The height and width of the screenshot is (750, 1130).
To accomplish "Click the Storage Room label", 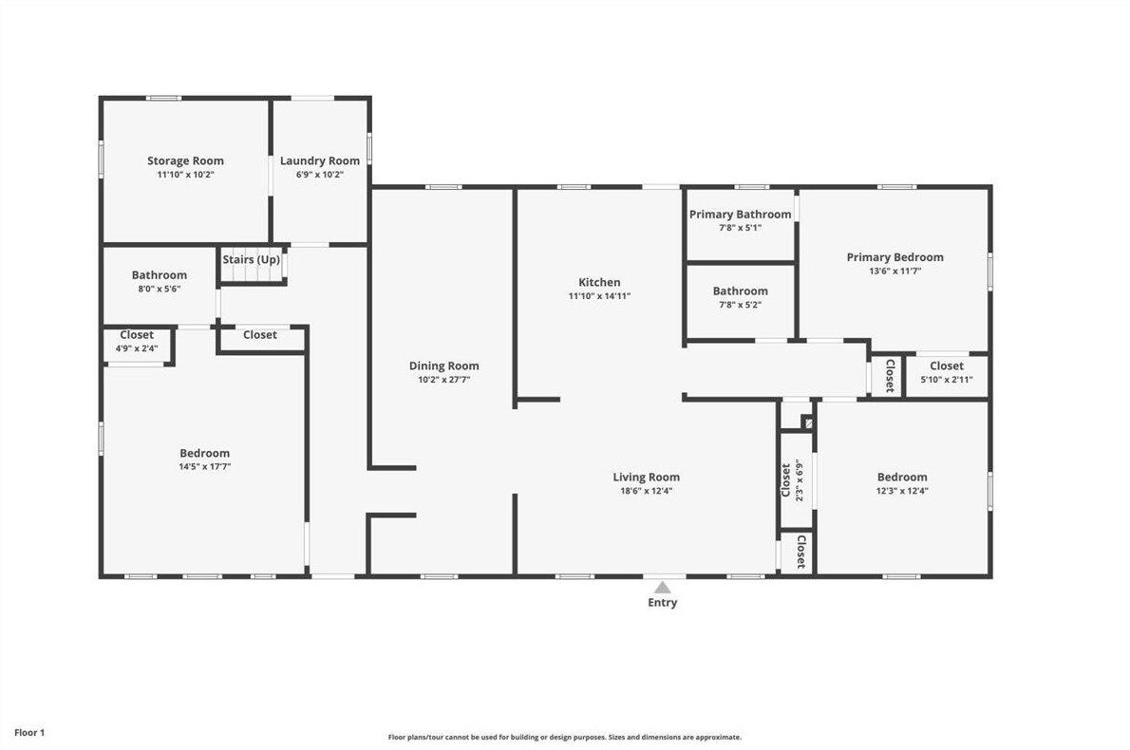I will [185, 160].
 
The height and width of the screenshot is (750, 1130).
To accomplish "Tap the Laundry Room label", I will [320, 160].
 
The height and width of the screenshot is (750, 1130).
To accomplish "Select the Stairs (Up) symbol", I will [253, 269].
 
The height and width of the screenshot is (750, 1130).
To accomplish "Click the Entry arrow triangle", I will [662, 588].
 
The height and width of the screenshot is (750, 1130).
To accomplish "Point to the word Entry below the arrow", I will [662, 603].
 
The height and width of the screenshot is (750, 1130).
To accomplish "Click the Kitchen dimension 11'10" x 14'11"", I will [599, 296].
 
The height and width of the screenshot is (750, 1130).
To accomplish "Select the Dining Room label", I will [443, 366].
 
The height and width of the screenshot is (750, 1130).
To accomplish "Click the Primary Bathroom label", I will [740, 215].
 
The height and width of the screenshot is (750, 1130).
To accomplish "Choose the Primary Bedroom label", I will [895, 256].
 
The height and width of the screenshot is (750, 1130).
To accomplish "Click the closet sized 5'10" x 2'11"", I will [946, 372].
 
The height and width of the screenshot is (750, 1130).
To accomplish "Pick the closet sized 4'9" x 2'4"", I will [137, 342].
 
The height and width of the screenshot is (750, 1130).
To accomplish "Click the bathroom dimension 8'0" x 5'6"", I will [159, 289].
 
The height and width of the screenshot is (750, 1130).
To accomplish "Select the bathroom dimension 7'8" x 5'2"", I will [740, 305].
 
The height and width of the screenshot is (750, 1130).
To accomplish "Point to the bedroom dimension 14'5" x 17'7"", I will [204, 467].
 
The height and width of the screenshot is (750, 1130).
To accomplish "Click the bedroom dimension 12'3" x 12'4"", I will [901, 491].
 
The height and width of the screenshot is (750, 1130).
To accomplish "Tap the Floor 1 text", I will [29, 733].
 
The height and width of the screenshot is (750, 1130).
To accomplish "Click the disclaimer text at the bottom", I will [564, 737].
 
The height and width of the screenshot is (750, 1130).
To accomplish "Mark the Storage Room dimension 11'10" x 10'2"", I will [185, 175].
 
